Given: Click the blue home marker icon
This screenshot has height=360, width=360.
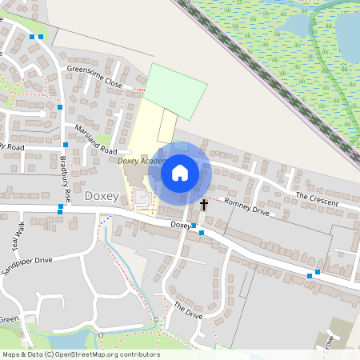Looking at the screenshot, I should point(179,173).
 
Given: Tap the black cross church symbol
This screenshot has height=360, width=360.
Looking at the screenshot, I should point(203,205).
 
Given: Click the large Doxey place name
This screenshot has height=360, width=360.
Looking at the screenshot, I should point(102,195).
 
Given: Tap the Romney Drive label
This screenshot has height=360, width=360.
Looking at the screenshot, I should point(246,206).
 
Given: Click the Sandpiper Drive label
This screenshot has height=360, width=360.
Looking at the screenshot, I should point(26,266).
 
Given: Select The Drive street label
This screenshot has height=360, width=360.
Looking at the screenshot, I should point(188,311).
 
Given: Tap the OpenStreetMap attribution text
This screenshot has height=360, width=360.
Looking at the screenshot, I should point(81,354).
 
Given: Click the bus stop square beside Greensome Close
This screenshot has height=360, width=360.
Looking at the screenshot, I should point(60,106).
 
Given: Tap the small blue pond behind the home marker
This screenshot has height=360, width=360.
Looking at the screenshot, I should point(182,146).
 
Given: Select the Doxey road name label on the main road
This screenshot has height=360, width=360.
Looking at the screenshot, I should point(180,226).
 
